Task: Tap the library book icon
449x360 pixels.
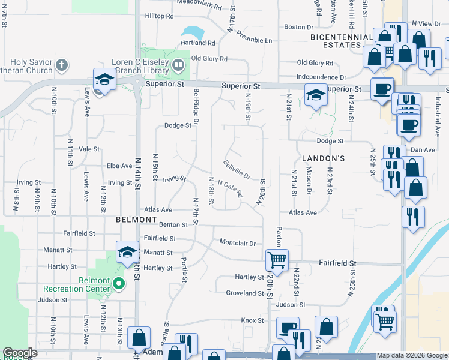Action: click(x=178, y=64)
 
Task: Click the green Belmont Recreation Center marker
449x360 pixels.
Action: click(x=119, y=283)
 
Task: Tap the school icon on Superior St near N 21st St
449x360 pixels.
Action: click(x=315, y=94)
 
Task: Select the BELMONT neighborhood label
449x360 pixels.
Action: click(x=136, y=220)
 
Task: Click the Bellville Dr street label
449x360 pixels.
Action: click(x=237, y=169)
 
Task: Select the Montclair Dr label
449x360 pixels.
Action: click(x=238, y=243)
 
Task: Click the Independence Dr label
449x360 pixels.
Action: click(x=321, y=77)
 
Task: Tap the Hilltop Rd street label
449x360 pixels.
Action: click(x=159, y=16)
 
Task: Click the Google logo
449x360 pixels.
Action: click(x=20, y=353)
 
